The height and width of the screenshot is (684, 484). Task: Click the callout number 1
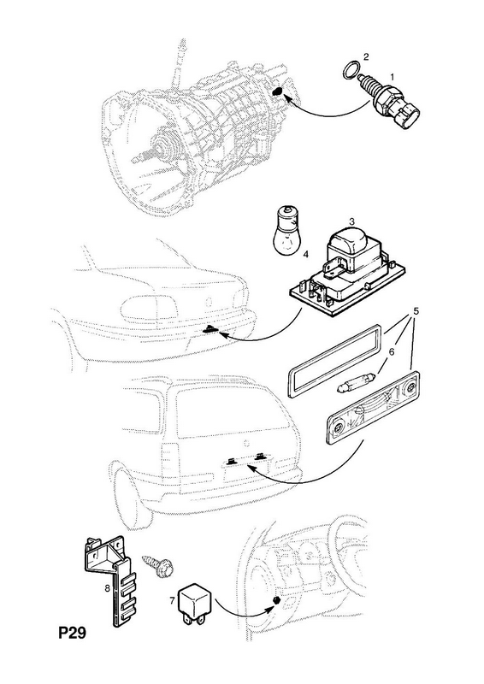point(392,77)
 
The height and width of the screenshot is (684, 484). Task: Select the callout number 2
point(366,56)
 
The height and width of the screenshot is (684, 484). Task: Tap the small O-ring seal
point(351,70)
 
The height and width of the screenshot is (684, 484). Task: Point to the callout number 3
point(351,221)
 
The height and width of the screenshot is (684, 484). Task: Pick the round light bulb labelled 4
point(286,230)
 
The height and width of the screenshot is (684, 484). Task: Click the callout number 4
point(305,254)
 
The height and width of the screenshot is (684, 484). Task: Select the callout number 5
point(416,311)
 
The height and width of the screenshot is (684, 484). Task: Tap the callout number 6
point(392,351)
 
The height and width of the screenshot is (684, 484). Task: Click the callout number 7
point(172,601)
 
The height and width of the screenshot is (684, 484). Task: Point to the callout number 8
point(107,588)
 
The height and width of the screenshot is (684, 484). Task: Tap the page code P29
point(73,633)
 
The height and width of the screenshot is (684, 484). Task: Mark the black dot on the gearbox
point(278,92)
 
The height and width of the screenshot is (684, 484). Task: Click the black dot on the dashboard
point(276,601)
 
